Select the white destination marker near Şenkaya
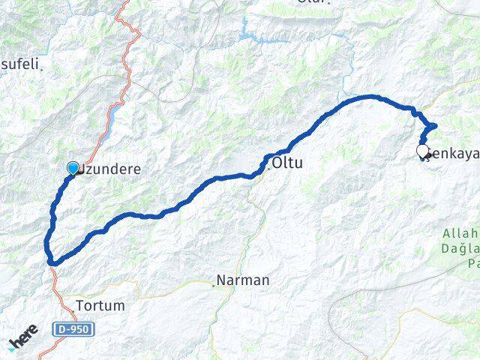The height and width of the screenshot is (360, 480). [422, 151]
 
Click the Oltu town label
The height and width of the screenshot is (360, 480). [288, 162]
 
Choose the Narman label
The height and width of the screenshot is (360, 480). [243, 281]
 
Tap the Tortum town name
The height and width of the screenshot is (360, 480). [100, 306]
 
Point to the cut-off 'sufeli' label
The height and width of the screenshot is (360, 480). [20, 64]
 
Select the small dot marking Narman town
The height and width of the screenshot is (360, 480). [213, 283]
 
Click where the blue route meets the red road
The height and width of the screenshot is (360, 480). [51, 262]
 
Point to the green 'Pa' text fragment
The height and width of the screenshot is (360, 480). [472, 263]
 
